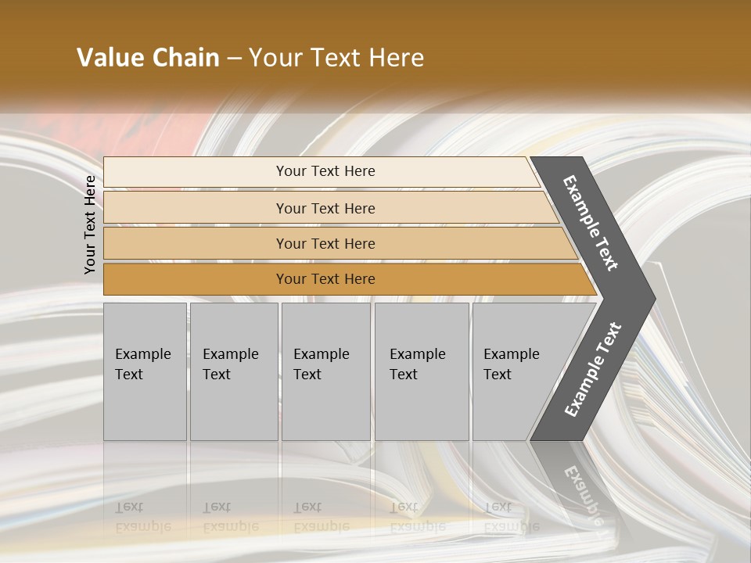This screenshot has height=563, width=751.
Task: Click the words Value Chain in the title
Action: pyautogui.click(x=148, y=58)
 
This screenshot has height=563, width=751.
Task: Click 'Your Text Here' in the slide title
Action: pyautogui.click(x=336, y=58)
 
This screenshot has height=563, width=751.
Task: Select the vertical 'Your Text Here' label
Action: pyautogui.click(x=90, y=224)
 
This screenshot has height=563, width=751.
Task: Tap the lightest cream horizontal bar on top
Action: pyautogui.click(x=325, y=171)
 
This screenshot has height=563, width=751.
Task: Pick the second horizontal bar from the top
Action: pyautogui.click(x=325, y=208)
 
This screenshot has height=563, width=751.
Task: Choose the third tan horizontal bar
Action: pyautogui.click(x=325, y=243)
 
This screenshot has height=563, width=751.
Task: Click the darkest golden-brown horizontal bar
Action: pyautogui.click(x=325, y=279)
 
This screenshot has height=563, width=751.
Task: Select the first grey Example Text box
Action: pyautogui.click(x=145, y=371)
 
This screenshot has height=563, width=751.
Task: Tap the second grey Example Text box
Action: pyautogui.click(x=233, y=371)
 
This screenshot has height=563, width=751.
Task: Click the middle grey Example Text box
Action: pyautogui.click(x=325, y=371)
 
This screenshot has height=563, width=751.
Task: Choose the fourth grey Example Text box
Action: pyautogui.click(x=421, y=371)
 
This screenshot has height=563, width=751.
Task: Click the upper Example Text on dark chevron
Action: pyautogui.click(x=591, y=223)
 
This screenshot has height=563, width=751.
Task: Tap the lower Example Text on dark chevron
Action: pyautogui.click(x=593, y=369)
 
